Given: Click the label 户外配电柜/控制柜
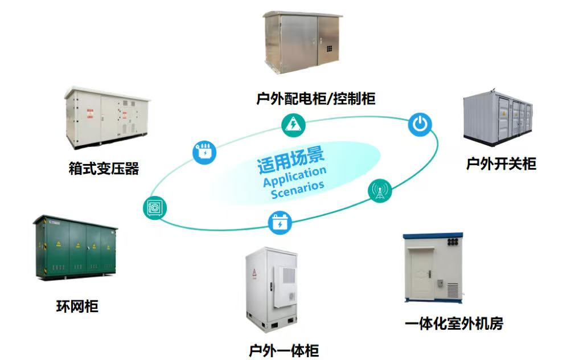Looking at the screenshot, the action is (x=315, y=99).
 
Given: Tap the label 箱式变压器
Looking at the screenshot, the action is (x=104, y=169).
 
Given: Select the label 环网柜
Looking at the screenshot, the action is (x=77, y=306).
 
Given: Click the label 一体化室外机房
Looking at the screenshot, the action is (x=454, y=324).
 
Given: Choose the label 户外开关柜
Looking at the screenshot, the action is (x=501, y=163).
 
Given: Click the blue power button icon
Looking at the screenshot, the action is (x=420, y=124).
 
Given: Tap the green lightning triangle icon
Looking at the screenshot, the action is (x=293, y=125).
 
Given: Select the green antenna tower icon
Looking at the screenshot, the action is (x=380, y=190).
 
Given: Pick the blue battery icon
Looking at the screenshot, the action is (x=280, y=222).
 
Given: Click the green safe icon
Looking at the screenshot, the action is (x=155, y=207).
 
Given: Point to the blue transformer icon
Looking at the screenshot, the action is (x=204, y=152).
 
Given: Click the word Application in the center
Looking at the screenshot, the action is (x=294, y=177).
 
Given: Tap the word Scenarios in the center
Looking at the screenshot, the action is (x=297, y=189).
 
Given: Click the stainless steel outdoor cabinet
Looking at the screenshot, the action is (x=302, y=42).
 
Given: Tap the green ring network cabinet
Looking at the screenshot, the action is (x=75, y=247).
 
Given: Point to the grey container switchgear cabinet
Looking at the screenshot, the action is (x=498, y=117).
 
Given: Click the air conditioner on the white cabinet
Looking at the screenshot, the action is (x=285, y=287).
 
